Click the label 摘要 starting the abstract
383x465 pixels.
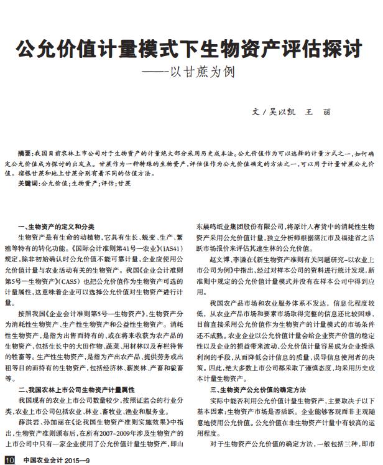(x=25, y=153)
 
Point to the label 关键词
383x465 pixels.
(x=29, y=184)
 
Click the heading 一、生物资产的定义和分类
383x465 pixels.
(x=57, y=227)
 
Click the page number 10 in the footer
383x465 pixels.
(x=8, y=459)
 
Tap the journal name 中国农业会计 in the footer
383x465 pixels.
(x=39, y=459)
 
